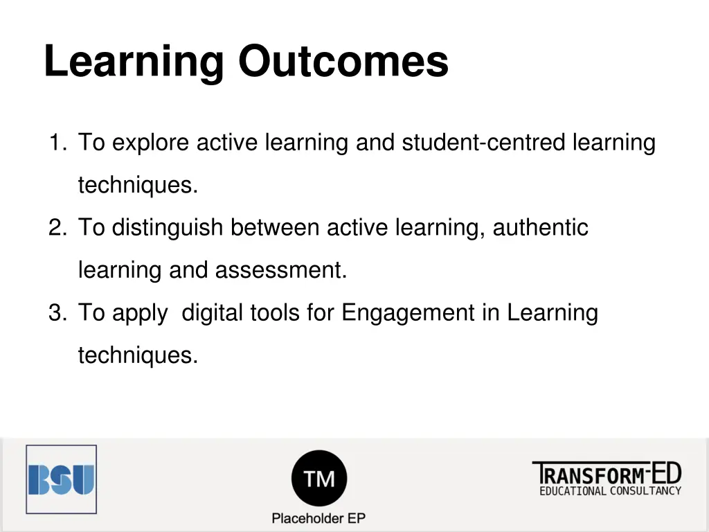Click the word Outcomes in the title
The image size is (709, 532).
[343, 61]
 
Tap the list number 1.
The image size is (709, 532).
[55, 143]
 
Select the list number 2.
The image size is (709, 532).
[55, 228]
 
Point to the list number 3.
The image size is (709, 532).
[55, 313]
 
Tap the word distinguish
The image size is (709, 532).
[168, 228]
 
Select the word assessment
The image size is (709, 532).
[280, 270]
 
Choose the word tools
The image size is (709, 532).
[276, 312]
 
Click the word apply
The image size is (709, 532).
[139, 314]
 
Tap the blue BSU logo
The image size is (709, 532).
[61, 479]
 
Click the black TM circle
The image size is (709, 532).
[318, 478]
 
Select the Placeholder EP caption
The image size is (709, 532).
[318, 518]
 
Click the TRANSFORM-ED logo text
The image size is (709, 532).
[606, 474]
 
